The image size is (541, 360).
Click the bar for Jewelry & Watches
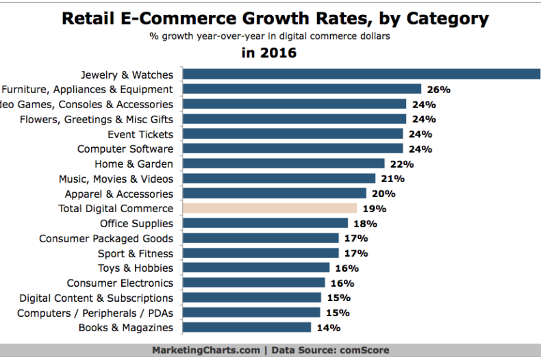[x=362, y=74]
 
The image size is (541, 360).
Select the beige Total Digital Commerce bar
[x=270, y=208]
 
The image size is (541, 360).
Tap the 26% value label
[x=439, y=89]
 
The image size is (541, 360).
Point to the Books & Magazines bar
[x=247, y=327]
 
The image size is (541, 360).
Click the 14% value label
[x=329, y=328]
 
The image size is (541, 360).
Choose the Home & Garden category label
[x=134, y=164]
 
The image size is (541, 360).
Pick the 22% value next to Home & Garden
[x=403, y=164]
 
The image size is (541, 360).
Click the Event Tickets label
[x=140, y=134]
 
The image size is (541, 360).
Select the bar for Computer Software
[x=293, y=149]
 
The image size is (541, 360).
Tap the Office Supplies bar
[x=266, y=223]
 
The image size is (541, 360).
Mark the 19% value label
[x=375, y=209]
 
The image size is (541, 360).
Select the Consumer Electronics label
[x=120, y=283]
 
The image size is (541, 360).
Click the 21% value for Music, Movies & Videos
[x=393, y=179]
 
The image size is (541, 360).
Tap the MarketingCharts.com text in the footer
[x=206, y=350]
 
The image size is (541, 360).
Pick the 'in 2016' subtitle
[x=269, y=53]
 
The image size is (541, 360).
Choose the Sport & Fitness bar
[x=261, y=253]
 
